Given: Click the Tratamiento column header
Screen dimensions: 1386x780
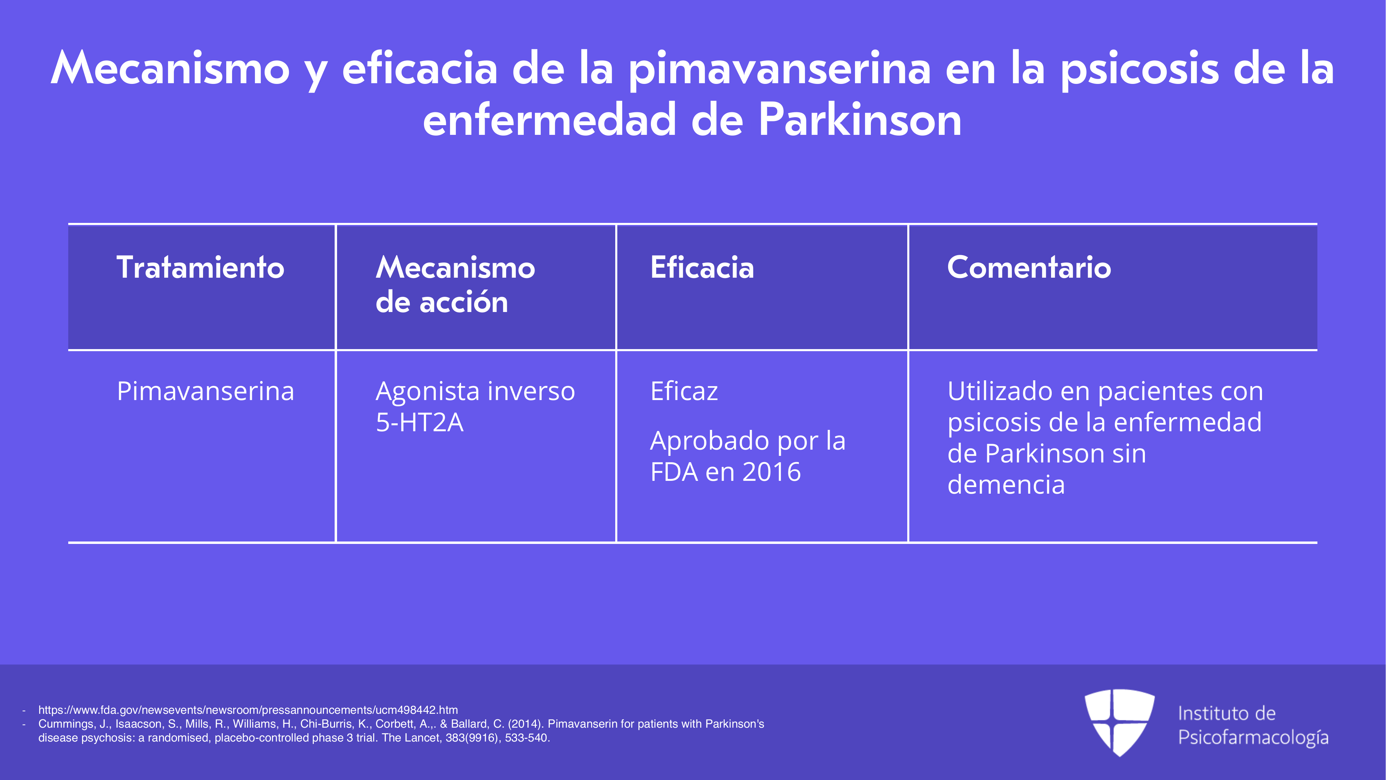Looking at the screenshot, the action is pos(200,268).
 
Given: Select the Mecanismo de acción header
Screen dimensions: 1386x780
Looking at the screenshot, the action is pos(455,284).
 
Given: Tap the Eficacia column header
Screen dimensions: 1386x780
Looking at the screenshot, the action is pos(702,268).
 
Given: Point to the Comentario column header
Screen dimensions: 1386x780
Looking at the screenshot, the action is pos(1029,268).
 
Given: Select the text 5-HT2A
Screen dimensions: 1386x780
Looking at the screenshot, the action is pos(420,422).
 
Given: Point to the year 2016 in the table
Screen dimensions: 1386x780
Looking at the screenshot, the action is pos(771,472).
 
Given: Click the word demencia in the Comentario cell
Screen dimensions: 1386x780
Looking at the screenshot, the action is pos(1006,485).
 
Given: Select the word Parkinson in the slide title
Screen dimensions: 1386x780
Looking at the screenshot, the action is pos(860,120).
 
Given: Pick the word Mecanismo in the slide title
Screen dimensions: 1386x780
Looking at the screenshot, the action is pos(170,68).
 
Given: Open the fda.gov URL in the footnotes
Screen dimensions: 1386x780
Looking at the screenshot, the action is pos(248,710).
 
